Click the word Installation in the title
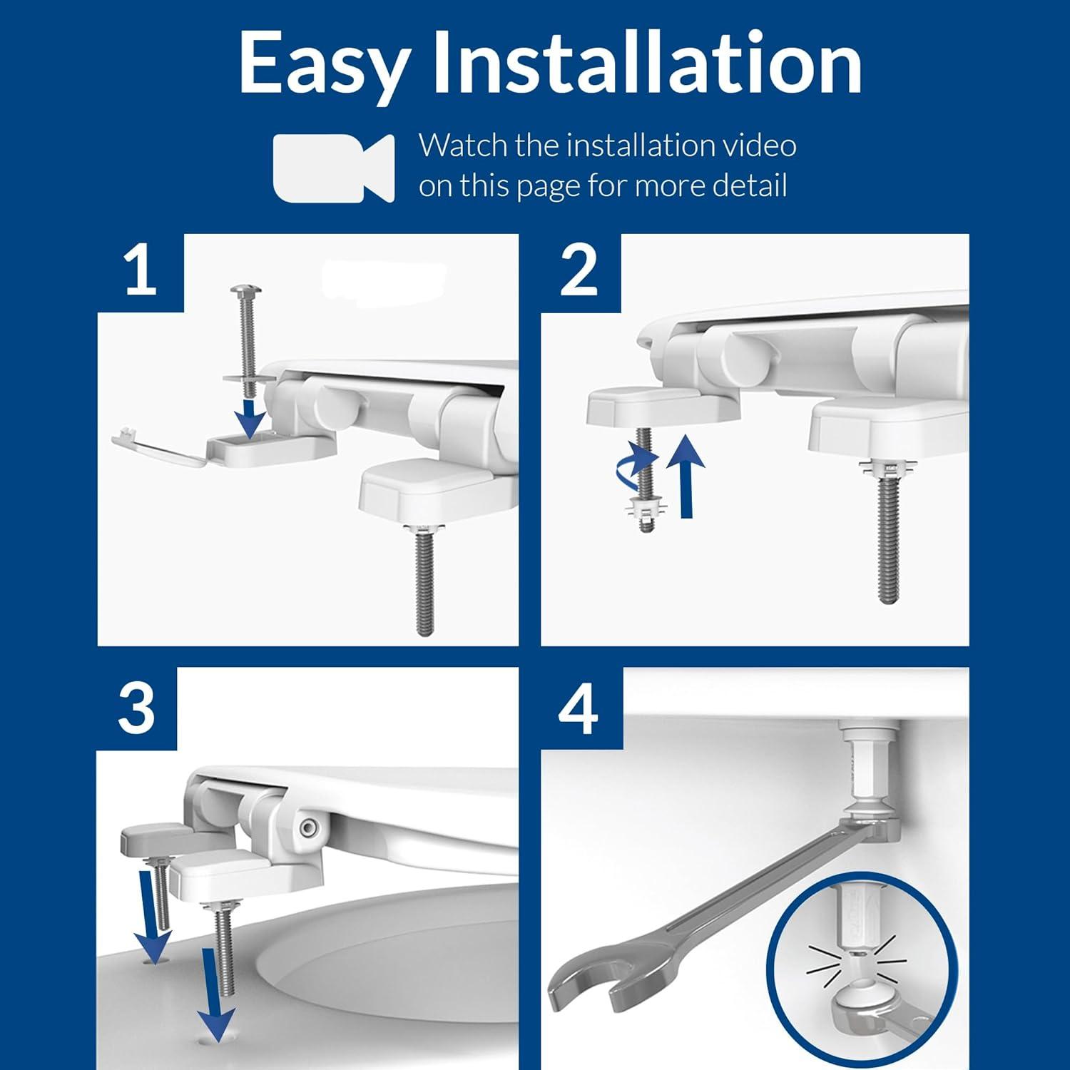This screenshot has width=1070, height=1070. (648, 63)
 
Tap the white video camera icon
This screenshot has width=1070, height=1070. (334, 168)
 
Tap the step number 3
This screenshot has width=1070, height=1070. (136, 708)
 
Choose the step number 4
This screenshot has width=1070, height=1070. (578, 708)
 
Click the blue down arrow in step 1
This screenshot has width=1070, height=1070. (250, 419)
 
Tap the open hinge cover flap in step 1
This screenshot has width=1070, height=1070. (158, 446)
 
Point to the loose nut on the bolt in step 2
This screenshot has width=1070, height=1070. (646, 508)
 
